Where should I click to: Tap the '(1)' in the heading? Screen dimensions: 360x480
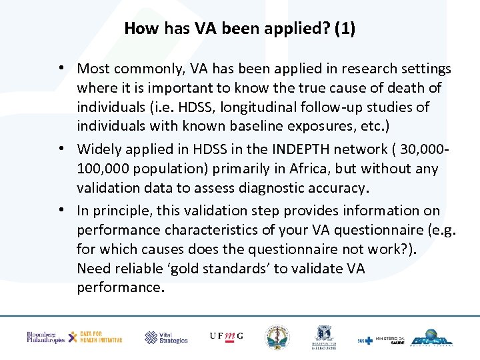345,29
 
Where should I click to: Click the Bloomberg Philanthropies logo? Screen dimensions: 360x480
45,337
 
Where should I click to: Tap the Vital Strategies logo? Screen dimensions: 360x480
167,337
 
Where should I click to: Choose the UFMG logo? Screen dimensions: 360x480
226,337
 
